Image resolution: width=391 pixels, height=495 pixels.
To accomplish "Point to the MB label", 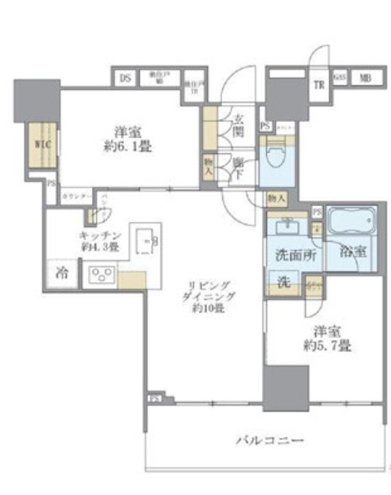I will coord(366,78).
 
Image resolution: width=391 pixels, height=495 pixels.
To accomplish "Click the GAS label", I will coord(340,78).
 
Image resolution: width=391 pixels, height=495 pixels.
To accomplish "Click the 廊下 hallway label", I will coord(238,169).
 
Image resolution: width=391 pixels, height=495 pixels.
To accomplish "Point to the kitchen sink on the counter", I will coord(149,241).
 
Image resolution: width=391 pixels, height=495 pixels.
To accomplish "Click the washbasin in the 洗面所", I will coord(285,227).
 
